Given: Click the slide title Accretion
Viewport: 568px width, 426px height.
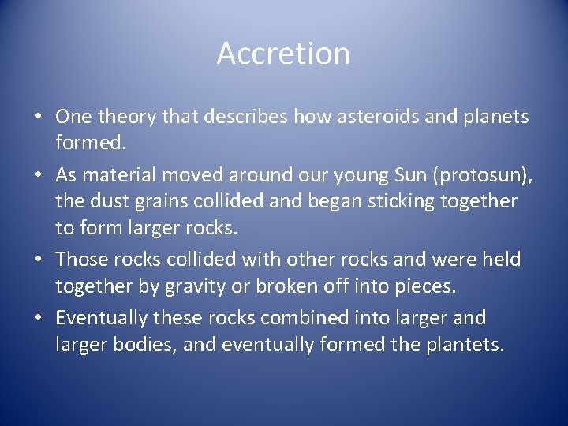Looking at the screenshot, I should pos(283,54).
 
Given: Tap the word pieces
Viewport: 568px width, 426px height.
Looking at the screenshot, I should pos(426,286).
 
